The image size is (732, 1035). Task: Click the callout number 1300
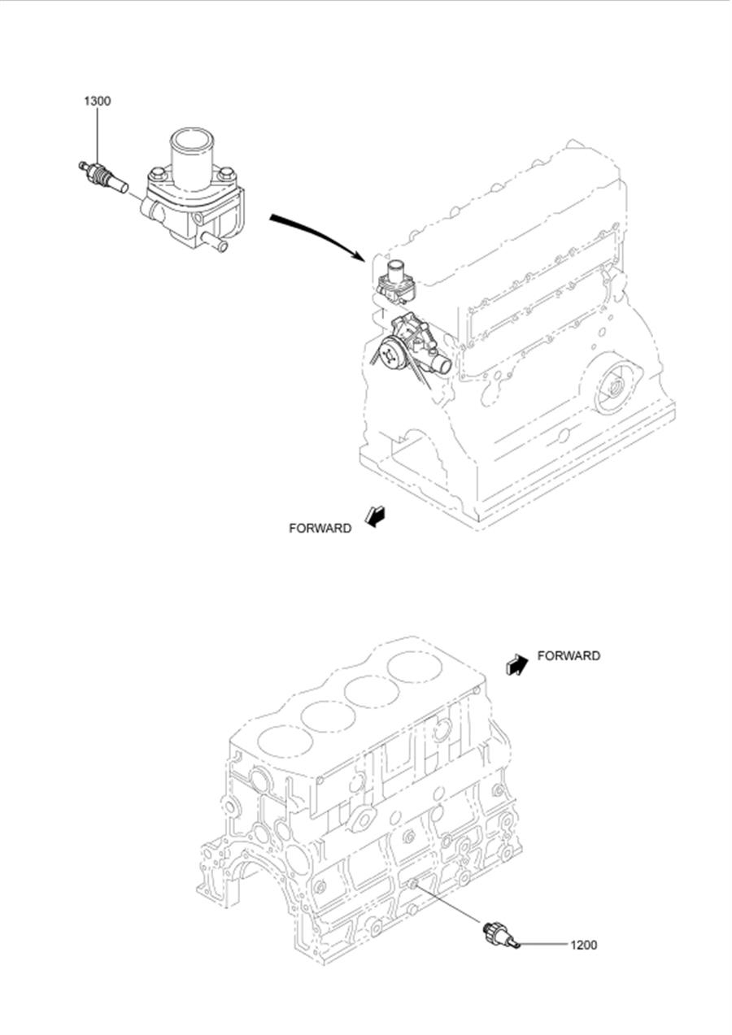click(98, 101)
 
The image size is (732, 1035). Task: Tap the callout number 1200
click(584, 945)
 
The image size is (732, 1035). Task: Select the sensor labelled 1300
click(103, 177)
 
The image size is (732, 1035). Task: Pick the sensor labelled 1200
click(502, 935)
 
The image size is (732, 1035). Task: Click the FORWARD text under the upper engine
click(320, 528)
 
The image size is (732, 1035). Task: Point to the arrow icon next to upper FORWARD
click(375, 516)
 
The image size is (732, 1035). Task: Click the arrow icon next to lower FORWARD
click(516, 665)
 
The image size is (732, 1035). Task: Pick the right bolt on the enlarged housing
click(226, 174)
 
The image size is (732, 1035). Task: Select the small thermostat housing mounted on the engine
click(396, 282)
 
